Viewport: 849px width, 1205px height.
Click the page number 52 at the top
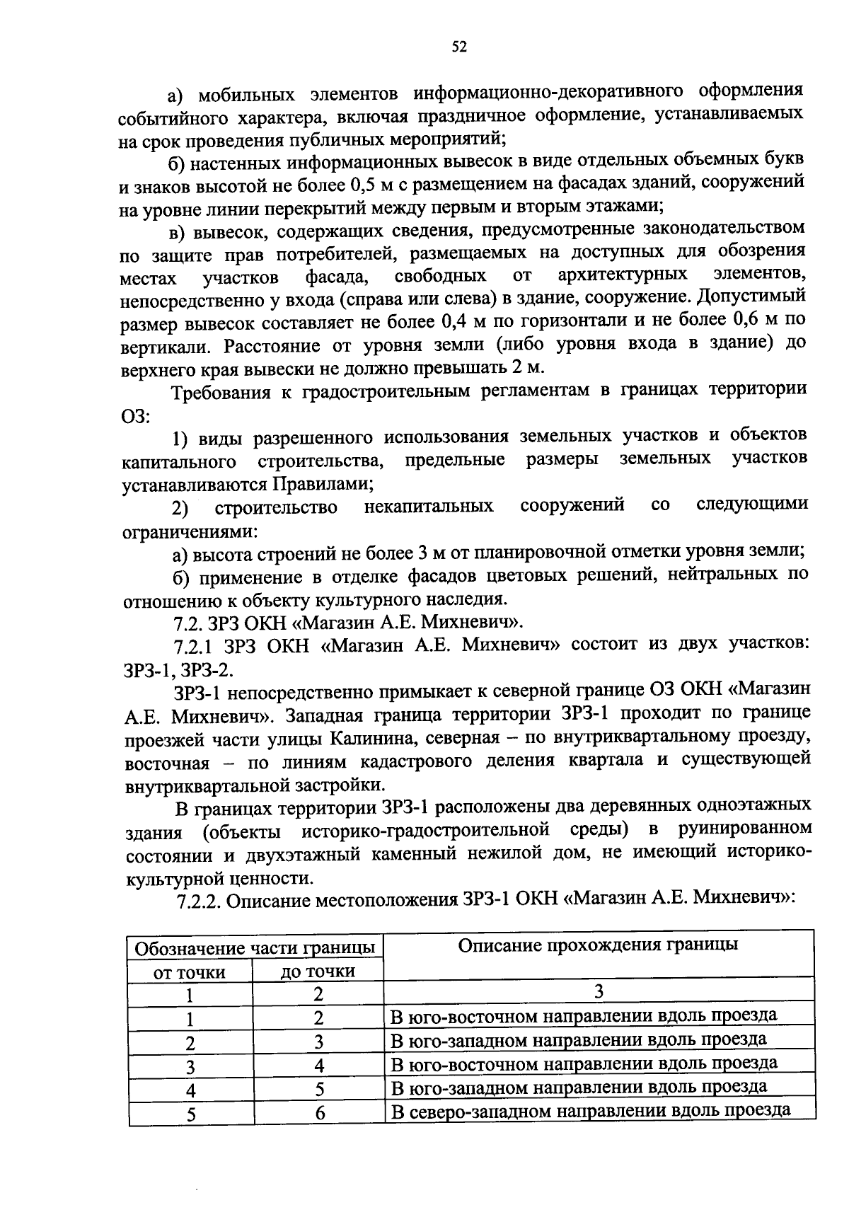(x=459, y=47)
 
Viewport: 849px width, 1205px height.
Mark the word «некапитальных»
(x=429, y=507)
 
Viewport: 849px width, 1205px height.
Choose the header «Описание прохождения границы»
(x=598, y=945)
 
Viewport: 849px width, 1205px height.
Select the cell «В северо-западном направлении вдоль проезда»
(x=591, y=1109)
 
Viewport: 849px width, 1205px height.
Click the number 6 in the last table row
(x=320, y=1113)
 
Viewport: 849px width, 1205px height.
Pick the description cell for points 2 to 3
(x=579, y=1040)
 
